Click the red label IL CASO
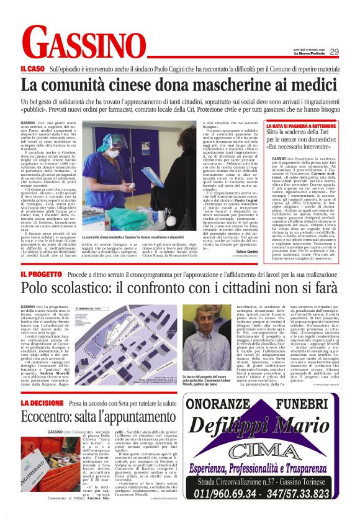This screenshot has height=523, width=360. (32, 68)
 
